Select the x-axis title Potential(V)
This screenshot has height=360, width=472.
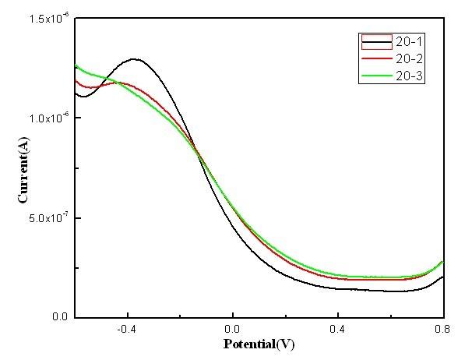click(x=259, y=344)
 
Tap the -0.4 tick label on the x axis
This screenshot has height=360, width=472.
click(x=125, y=329)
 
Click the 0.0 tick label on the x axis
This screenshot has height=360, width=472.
click(x=233, y=329)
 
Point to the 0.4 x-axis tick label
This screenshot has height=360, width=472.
click(x=338, y=329)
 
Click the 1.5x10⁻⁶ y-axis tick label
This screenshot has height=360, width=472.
click(x=48, y=19)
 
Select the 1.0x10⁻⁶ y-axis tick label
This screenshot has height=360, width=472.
click(x=48, y=118)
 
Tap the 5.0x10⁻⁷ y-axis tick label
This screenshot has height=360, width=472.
click(x=48, y=218)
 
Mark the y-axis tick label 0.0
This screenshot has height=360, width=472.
click(x=61, y=318)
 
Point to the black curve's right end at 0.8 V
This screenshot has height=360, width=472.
click(x=442, y=277)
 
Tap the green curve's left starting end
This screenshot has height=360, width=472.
click(x=76, y=65)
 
